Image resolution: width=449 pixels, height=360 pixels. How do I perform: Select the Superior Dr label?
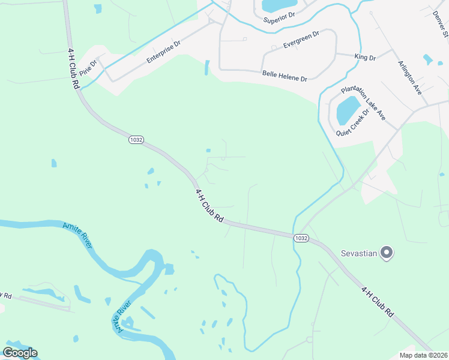[280, 19]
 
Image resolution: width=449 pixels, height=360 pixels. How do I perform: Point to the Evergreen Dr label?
[301, 40]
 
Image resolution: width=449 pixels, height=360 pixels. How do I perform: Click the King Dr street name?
[364, 58]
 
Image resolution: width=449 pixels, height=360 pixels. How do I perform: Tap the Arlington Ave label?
[409, 77]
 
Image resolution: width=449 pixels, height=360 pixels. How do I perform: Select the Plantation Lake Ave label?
[363, 103]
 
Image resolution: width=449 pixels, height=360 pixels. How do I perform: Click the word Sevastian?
[359, 253]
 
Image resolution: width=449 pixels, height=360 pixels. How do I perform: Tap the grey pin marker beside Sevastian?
[387, 253]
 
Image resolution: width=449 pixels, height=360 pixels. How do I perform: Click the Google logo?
[20, 353]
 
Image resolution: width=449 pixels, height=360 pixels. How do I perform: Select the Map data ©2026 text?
[423, 355]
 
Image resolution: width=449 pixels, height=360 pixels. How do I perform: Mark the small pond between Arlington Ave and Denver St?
[427, 59]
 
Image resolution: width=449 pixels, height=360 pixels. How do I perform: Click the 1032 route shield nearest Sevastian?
[301, 238]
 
